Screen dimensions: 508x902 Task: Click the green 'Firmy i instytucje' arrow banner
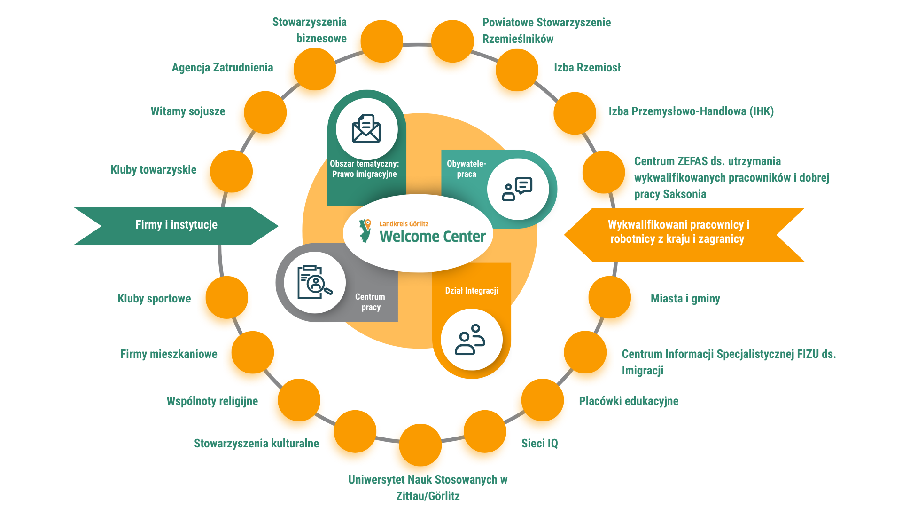pyautogui.click(x=176, y=225)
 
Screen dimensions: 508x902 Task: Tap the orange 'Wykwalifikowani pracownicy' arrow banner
pyautogui.click(x=679, y=232)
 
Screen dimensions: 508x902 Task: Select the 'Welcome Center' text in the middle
pyautogui.click(x=432, y=236)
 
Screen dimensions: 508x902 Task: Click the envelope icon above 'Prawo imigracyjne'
pyautogui.click(x=366, y=129)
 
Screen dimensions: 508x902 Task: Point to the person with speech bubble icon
pyautogui.click(x=517, y=189)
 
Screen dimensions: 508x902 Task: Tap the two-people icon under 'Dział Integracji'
pyautogui.click(x=470, y=340)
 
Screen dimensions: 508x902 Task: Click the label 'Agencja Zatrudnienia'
pyautogui.click(x=222, y=68)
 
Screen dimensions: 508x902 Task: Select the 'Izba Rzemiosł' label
pyautogui.click(x=587, y=68)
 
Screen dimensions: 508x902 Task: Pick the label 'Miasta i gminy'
pyautogui.click(x=685, y=299)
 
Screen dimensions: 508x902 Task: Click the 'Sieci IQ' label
pyautogui.click(x=539, y=444)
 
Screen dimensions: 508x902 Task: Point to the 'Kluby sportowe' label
pyautogui.click(x=154, y=299)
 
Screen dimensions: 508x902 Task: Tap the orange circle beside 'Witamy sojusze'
pyautogui.click(x=265, y=112)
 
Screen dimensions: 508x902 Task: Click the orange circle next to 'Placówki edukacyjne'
pyautogui.click(x=543, y=400)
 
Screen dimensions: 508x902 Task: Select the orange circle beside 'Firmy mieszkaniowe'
pyautogui.click(x=253, y=352)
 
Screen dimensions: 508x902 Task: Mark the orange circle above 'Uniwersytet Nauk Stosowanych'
pyautogui.click(x=420, y=445)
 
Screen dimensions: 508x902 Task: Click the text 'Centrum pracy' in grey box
pyautogui.click(x=370, y=302)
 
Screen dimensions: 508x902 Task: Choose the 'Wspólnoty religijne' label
pyautogui.click(x=212, y=401)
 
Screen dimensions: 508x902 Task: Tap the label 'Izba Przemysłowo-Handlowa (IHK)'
pyautogui.click(x=691, y=111)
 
